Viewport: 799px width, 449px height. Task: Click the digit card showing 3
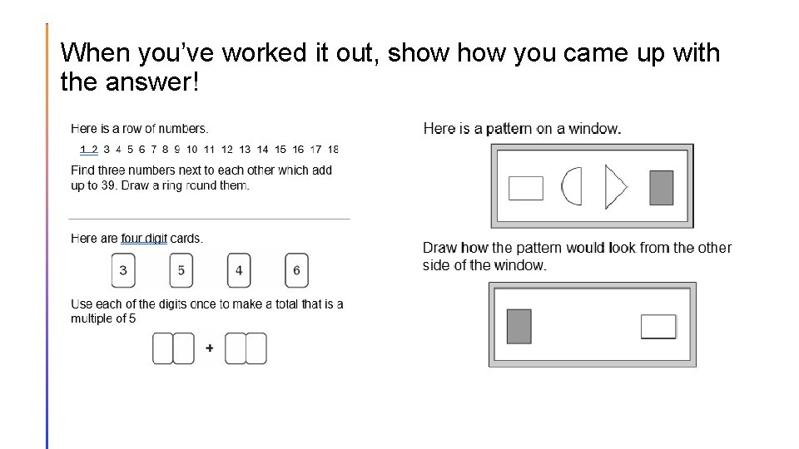(123, 270)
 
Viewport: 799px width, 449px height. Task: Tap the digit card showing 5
(181, 270)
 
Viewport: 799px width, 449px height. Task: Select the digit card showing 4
(239, 270)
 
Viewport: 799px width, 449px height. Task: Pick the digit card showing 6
(296, 270)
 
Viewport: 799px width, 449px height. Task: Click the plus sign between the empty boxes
(209, 348)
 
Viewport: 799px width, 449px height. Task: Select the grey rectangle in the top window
(661, 187)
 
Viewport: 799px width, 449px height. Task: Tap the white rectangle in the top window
(525, 188)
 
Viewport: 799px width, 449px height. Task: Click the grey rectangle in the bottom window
(519, 326)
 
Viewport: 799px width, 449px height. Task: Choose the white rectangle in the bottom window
(658, 327)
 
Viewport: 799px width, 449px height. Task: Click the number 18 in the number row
(333, 150)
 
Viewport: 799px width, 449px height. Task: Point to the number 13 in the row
(245, 150)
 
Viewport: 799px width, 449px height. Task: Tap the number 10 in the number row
(191, 150)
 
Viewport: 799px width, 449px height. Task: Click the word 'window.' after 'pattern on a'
(594, 128)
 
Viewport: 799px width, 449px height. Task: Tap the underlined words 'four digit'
(144, 239)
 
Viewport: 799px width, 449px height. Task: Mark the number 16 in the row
(298, 150)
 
